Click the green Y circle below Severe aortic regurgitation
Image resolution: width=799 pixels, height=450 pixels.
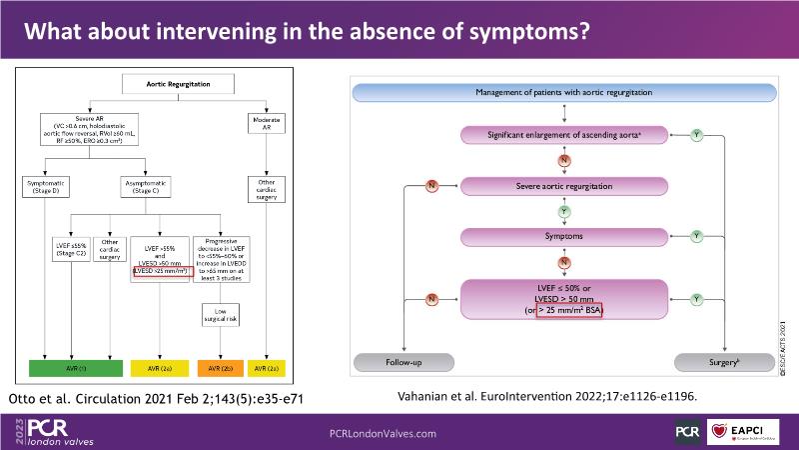[x=563, y=211]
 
